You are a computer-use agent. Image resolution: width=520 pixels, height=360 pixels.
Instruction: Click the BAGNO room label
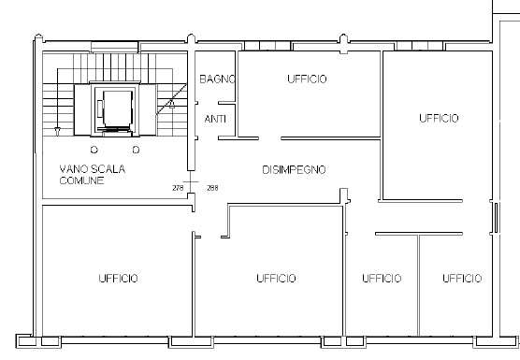218,79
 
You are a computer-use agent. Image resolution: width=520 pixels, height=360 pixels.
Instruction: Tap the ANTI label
215,119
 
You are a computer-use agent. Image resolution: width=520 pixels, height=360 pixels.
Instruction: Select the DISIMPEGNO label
294,170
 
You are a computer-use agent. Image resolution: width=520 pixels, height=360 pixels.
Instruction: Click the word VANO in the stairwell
74,169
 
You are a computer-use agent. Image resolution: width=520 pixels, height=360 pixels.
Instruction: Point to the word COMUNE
81,180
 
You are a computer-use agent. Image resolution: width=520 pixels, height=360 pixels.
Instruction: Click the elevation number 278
178,188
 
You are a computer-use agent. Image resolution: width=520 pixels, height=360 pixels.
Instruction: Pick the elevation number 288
212,188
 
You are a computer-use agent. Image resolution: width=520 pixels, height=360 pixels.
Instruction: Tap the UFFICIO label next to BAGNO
307,79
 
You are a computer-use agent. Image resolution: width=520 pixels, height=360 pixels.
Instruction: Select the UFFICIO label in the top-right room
439,118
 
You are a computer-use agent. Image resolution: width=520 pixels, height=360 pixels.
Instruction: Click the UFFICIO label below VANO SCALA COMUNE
118,278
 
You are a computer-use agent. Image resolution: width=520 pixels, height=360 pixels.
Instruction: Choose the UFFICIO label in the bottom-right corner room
462,278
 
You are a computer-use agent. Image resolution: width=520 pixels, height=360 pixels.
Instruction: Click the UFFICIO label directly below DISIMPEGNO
276,278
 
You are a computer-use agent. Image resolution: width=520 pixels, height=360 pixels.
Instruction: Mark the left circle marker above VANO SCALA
94,150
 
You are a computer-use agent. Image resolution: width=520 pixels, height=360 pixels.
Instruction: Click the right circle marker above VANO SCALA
136,150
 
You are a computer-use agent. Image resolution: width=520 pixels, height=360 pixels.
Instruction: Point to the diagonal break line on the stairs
171,99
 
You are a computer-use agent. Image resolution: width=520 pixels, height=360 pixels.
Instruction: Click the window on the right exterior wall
496,218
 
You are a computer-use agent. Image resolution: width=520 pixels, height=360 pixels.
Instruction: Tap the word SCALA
108,169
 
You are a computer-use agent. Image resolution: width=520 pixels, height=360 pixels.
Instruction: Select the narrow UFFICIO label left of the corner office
382,278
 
